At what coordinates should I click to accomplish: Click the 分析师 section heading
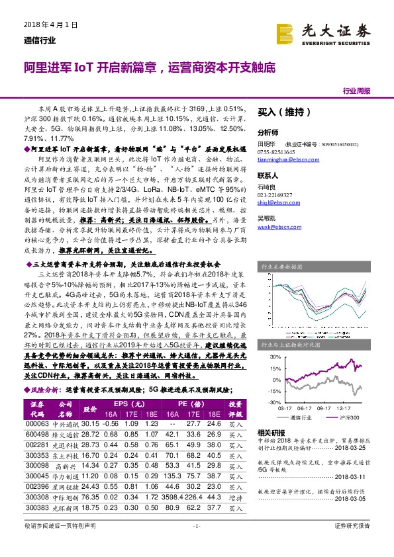268,132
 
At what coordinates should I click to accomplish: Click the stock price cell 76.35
90,497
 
